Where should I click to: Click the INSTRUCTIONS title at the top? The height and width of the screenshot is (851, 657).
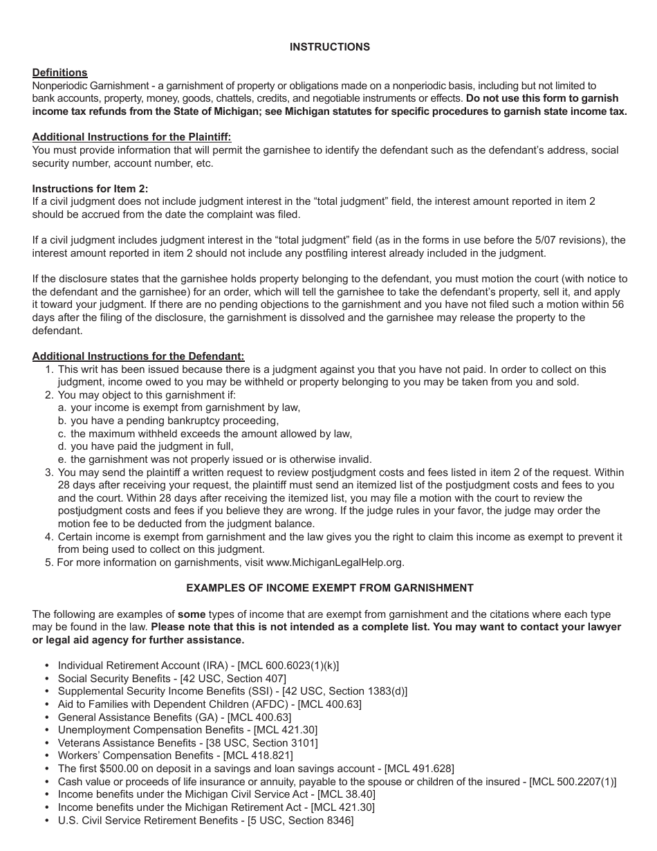pyautogui.click(x=329, y=47)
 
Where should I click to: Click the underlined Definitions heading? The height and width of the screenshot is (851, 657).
pyautogui.click(x=59, y=73)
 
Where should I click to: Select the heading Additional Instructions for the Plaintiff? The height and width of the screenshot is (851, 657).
pyautogui.click(x=131, y=137)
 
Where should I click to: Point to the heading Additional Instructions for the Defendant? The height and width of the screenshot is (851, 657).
pyautogui.click(x=138, y=356)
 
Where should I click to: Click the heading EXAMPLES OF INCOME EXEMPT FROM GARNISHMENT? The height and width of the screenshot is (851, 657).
pyautogui.click(x=329, y=588)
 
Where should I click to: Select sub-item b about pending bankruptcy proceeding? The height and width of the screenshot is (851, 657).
pyautogui.click(x=174, y=421)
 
